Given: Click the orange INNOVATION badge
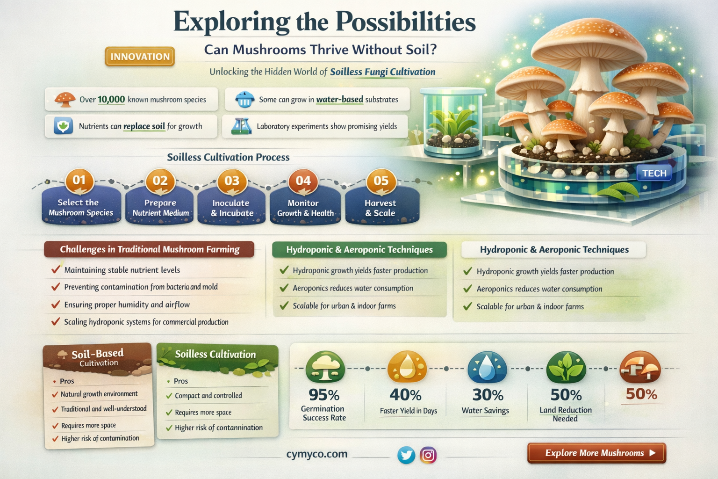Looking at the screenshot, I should (x=140, y=57).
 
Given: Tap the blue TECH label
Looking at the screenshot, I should (x=654, y=173).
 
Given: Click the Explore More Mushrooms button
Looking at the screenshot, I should (x=596, y=453).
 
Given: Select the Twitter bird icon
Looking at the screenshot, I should (x=406, y=455).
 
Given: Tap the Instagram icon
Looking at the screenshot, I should (x=428, y=455).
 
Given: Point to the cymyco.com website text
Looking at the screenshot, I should (x=317, y=454).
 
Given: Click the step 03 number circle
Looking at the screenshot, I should (x=232, y=181).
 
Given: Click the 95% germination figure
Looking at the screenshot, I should (x=324, y=395).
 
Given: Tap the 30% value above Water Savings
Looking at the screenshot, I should (x=488, y=395).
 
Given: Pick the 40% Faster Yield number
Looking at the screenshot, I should (x=405, y=395).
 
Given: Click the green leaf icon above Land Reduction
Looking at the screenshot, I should (x=566, y=368).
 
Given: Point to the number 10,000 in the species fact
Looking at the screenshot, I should (x=111, y=99).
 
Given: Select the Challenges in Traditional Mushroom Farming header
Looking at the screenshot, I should (x=149, y=249).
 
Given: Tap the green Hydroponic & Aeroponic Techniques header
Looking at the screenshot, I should (x=359, y=250).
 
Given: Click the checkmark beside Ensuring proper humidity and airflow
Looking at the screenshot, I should (x=56, y=305).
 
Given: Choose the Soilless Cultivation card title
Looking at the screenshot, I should (x=215, y=354).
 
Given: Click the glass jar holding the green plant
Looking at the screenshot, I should (x=452, y=123).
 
